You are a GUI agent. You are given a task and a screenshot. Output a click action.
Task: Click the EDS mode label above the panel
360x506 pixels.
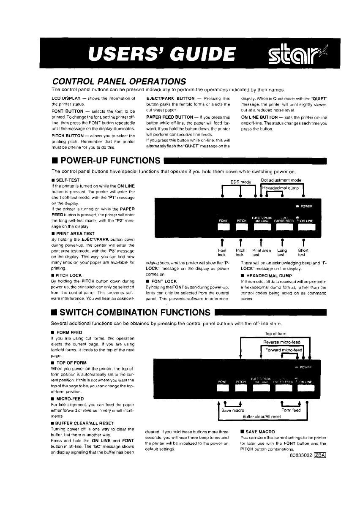pos(241,182)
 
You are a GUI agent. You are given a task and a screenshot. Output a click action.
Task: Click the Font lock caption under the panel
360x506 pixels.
pos(222,252)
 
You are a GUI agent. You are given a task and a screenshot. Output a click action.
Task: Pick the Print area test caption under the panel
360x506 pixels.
pos(262,252)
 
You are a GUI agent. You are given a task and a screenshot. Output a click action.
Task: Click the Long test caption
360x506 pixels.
pos(282,252)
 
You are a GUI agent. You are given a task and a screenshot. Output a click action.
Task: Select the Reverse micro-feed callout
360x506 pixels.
pos(281,342)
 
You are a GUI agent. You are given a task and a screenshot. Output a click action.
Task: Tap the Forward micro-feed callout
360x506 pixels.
pos(284,351)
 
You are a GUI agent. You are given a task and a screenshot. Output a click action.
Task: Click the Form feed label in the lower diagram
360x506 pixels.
pos(291,410)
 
